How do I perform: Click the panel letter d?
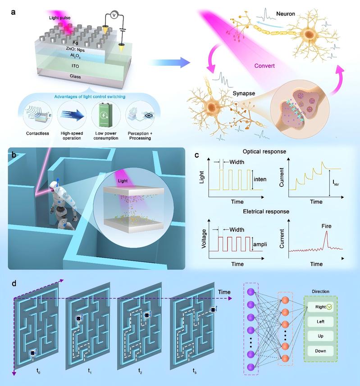(x=14, y=284)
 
